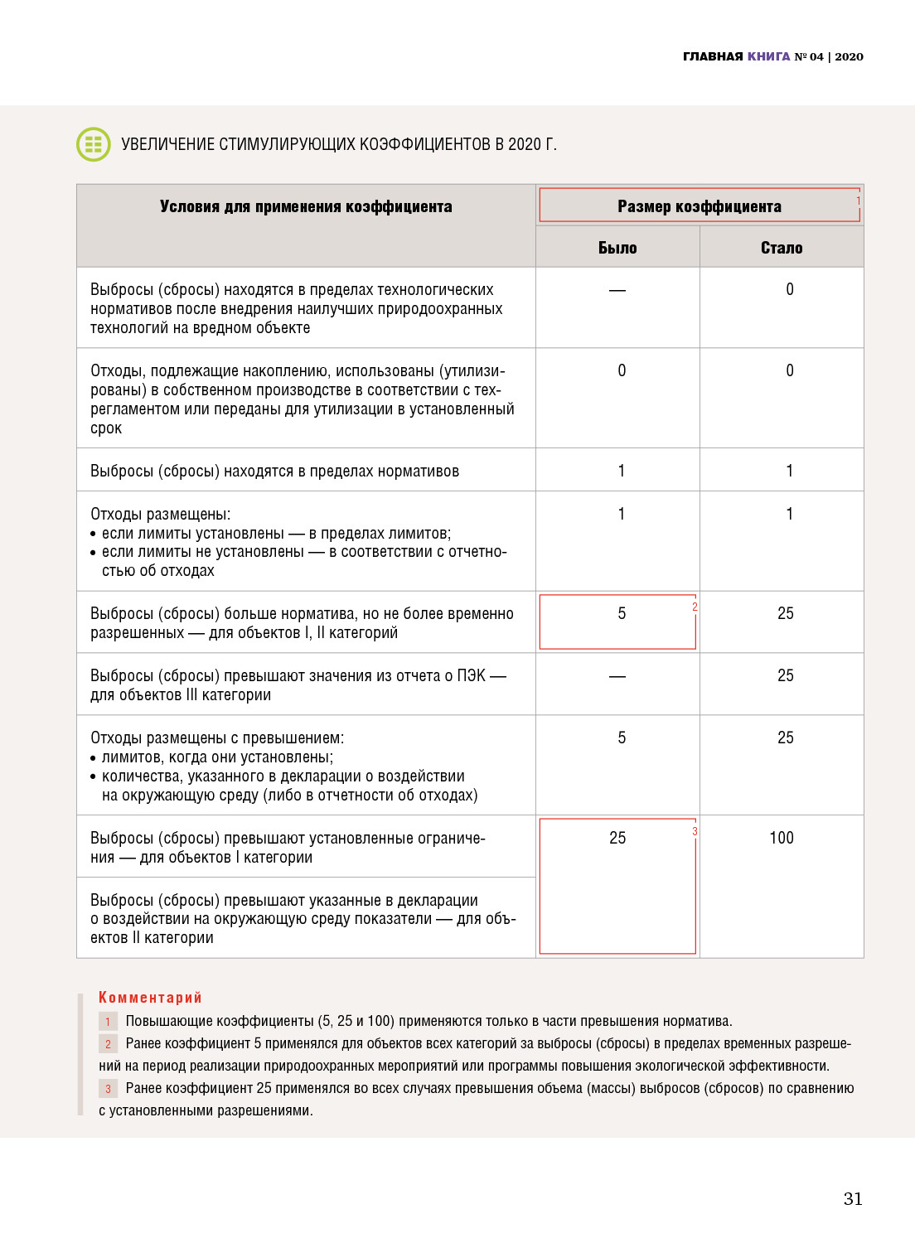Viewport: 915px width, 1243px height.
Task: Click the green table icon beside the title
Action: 94,144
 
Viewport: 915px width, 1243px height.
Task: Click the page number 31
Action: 853,1198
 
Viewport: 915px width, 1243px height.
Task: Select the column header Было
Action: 617,248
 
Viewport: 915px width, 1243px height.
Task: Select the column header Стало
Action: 782,248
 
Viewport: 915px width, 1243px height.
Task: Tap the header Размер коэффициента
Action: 699,206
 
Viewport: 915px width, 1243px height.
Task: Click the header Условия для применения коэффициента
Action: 306,206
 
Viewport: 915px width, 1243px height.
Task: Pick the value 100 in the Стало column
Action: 782,838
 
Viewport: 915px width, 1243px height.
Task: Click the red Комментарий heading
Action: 150,997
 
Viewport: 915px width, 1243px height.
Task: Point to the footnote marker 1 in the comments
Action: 108,1022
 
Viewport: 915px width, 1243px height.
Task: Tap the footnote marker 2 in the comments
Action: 108,1044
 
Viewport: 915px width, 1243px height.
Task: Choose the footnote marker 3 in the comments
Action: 108,1089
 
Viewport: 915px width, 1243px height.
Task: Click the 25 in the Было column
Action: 617,838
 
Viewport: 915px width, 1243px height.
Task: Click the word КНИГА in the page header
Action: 768,56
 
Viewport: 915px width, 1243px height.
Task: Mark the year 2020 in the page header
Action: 849,56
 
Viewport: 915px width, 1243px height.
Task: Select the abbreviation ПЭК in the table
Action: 471,675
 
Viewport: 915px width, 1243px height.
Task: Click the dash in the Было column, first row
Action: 617,290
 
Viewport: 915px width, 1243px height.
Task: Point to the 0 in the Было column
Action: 622,370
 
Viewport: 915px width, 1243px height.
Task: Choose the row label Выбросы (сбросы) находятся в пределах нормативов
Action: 274,471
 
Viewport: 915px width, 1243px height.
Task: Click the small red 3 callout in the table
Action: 695,831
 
